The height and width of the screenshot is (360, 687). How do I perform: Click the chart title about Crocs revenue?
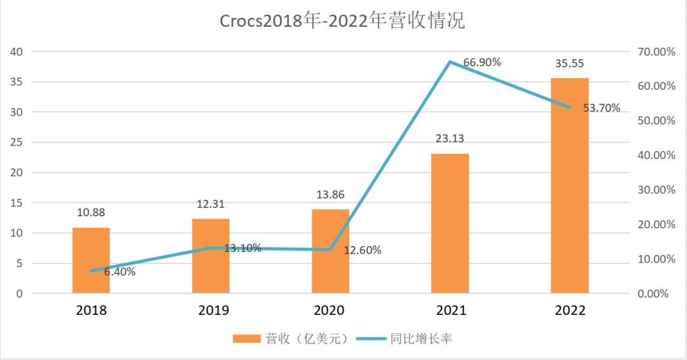coord(343,21)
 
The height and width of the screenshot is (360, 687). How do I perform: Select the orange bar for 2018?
coord(91,261)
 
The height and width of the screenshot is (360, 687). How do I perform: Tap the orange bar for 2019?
coord(211,256)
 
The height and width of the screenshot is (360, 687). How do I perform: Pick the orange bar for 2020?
coord(330,252)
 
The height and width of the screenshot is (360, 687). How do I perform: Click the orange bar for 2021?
coord(450,223)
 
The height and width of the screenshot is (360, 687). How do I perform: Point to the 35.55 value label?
coord(569,64)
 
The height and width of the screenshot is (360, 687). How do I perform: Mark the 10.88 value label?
coord(91,213)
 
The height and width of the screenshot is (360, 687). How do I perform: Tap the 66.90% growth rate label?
coord(482,62)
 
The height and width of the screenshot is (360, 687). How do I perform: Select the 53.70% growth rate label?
coord(601,108)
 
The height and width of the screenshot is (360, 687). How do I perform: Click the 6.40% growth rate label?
coord(120,272)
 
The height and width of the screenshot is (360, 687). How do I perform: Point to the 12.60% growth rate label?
coord(363,251)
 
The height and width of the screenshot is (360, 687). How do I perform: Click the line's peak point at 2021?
coord(450,62)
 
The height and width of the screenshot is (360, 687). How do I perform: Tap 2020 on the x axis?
coord(330,310)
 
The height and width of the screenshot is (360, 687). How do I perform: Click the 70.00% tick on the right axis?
coord(656,52)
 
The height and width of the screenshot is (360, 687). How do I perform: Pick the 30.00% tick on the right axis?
coord(656,190)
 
